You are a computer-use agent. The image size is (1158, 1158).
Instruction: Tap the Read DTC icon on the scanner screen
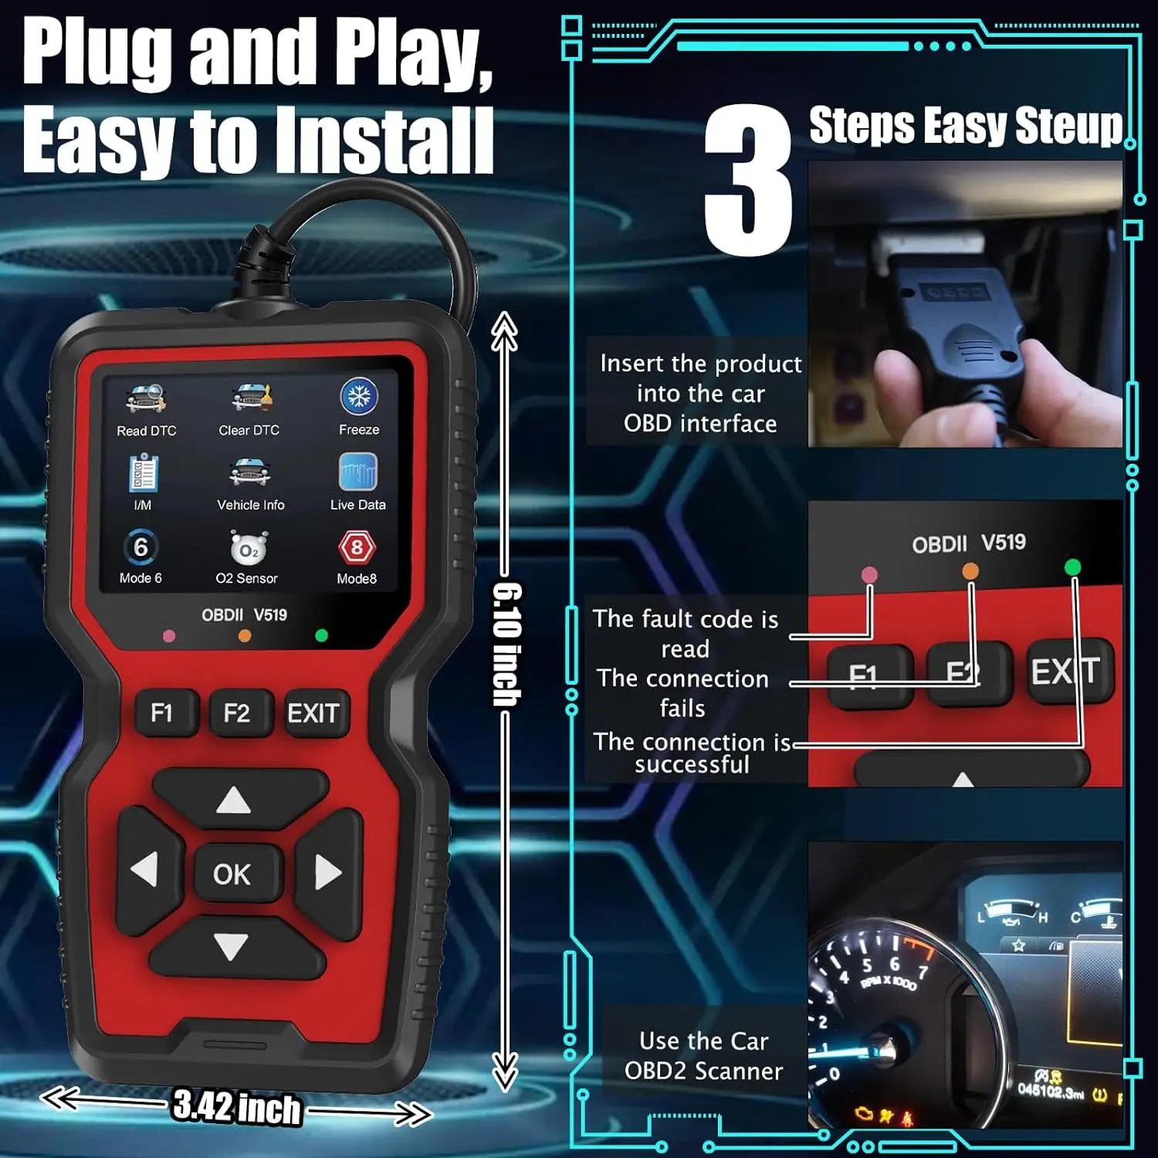[x=146, y=399]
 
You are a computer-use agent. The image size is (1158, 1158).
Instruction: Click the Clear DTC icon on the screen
[x=249, y=398]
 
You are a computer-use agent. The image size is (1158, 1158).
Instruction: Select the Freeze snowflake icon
[x=358, y=397]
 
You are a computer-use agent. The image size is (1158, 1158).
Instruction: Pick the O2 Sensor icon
[x=248, y=548]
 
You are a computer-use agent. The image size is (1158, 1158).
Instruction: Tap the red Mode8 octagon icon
[x=357, y=547]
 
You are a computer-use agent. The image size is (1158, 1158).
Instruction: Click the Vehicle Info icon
[x=249, y=472]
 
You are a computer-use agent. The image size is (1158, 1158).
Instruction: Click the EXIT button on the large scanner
[x=313, y=713]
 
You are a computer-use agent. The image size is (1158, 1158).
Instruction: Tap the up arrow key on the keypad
[x=233, y=801]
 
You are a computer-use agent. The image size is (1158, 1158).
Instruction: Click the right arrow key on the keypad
[x=327, y=872]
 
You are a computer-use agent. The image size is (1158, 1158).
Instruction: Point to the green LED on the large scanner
[x=322, y=635]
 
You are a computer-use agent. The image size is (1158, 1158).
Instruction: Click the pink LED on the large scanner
[x=169, y=636]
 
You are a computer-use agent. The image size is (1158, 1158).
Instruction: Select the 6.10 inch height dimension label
[x=507, y=645]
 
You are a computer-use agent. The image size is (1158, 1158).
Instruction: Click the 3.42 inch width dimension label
[x=236, y=1108]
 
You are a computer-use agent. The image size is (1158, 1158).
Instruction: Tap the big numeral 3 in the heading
[x=749, y=181]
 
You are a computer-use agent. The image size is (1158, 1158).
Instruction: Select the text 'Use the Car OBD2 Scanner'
[x=703, y=1056]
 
